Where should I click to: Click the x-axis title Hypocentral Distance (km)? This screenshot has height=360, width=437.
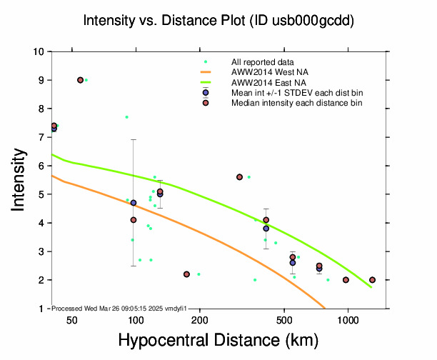coord(218,340)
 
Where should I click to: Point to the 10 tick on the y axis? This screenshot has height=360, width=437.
coord(42,51)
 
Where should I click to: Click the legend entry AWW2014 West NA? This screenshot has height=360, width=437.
coord(268,72)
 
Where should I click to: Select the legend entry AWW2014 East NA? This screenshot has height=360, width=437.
coord(267,82)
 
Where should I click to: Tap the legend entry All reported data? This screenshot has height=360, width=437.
coord(263,62)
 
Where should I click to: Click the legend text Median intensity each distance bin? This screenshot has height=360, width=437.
coord(296,103)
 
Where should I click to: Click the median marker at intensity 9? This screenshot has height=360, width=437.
coord(80,80)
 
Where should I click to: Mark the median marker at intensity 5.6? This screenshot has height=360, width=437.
coord(239,177)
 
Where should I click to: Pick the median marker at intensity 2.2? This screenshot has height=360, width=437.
coord(186,274)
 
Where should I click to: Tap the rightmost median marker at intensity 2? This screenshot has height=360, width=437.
coord(372,280)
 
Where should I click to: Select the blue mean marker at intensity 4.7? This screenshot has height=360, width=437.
coord(134,203)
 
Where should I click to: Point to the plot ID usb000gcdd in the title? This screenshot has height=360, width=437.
coord(306,21)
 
